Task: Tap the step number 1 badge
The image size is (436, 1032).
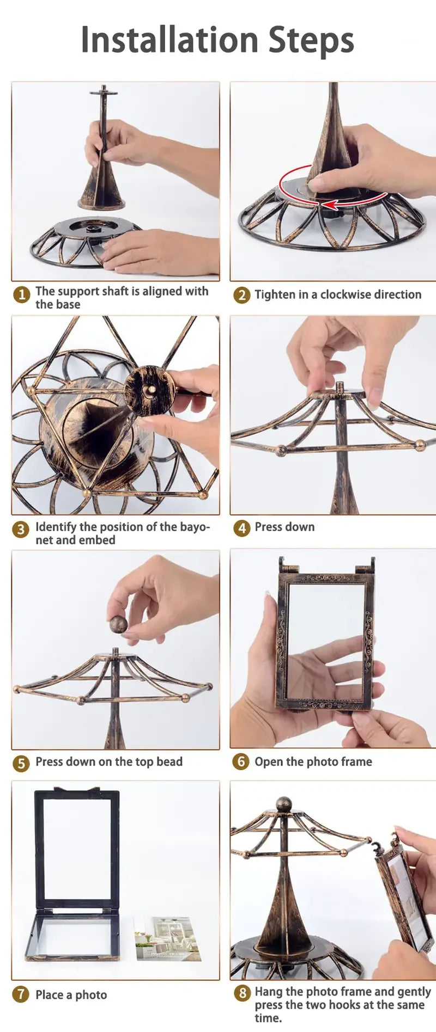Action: click(21, 295)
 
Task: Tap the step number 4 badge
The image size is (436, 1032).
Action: click(241, 527)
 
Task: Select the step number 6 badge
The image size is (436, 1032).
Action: click(241, 761)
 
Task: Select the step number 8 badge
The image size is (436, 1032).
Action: click(243, 993)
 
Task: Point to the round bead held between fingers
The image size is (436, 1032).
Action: click(118, 624)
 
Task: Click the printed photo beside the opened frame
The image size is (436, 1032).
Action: click(167, 937)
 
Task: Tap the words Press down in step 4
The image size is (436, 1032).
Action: click(284, 527)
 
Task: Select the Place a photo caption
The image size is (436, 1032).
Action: click(71, 995)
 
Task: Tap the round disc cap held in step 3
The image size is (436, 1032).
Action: click(149, 390)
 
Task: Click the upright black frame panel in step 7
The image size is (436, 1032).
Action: click(77, 849)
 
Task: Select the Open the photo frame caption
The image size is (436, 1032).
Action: click(313, 761)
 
